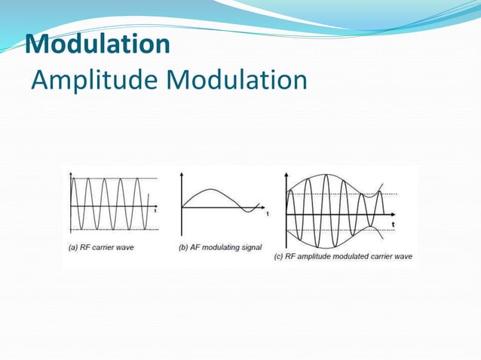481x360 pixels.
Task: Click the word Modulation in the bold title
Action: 97,44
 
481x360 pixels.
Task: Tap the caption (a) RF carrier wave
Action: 101,247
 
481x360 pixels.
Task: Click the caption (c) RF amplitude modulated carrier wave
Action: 343,256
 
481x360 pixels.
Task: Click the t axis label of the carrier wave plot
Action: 156,211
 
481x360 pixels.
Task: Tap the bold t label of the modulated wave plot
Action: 392,224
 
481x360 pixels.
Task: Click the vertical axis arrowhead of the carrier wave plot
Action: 71,175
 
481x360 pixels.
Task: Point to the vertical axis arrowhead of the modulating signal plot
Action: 182,175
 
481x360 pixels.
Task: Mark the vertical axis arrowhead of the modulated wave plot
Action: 286,175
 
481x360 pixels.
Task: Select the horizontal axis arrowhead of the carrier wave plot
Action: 157,206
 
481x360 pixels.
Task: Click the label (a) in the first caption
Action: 73,247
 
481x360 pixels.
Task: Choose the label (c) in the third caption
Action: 278,256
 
